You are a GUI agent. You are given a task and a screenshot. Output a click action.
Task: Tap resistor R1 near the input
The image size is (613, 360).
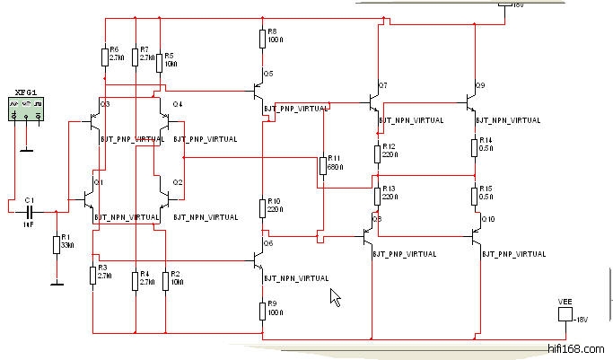pos(56,244)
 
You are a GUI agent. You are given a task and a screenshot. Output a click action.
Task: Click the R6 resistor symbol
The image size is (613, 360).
pos(104,57)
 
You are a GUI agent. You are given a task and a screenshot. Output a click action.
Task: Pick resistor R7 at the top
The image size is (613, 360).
pos(134,57)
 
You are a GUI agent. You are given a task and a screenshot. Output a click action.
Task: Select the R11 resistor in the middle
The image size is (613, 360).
pos(321,165)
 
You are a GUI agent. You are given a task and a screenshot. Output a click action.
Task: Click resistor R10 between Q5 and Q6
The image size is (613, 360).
pos(262,206)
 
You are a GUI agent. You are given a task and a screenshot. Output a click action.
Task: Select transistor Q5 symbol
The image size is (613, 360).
pos(258,92)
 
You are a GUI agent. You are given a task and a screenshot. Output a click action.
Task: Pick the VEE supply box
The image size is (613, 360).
pos(565,314)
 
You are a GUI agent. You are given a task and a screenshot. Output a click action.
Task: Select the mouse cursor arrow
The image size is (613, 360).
pos(336,298)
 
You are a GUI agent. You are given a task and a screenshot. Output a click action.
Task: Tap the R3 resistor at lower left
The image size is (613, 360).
pos(92,275)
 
